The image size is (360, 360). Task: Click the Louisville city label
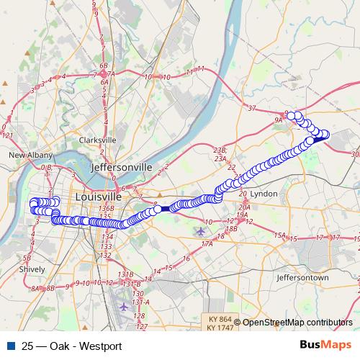pyautogui.click(x=98, y=197)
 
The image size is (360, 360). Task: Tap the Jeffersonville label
pyautogui.click(x=122, y=167)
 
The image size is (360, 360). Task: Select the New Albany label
pyautogui.click(x=27, y=155)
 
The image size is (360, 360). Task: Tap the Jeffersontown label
pyautogui.click(x=302, y=277)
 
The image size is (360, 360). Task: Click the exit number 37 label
pyautogui.click(x=251, y=108)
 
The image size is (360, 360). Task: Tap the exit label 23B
pyautogui.click(x=220, y=150)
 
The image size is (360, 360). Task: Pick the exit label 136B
pyautogui.click(x=106, y=209)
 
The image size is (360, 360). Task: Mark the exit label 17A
pyautogui.click(x=207, y=245)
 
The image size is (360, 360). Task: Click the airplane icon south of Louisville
pyautogui.click(x=123, y=307)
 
